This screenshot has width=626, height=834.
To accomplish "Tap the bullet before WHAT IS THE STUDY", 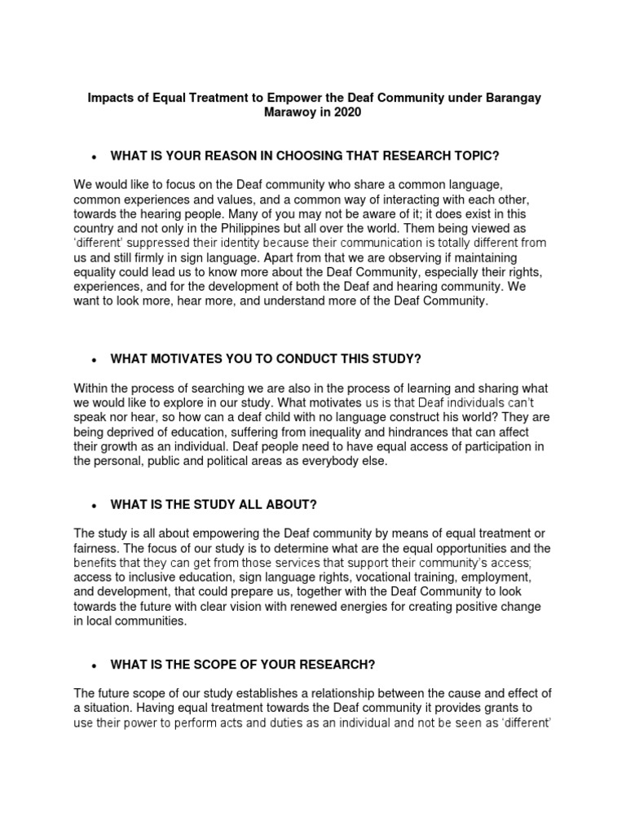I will coord(95,505).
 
